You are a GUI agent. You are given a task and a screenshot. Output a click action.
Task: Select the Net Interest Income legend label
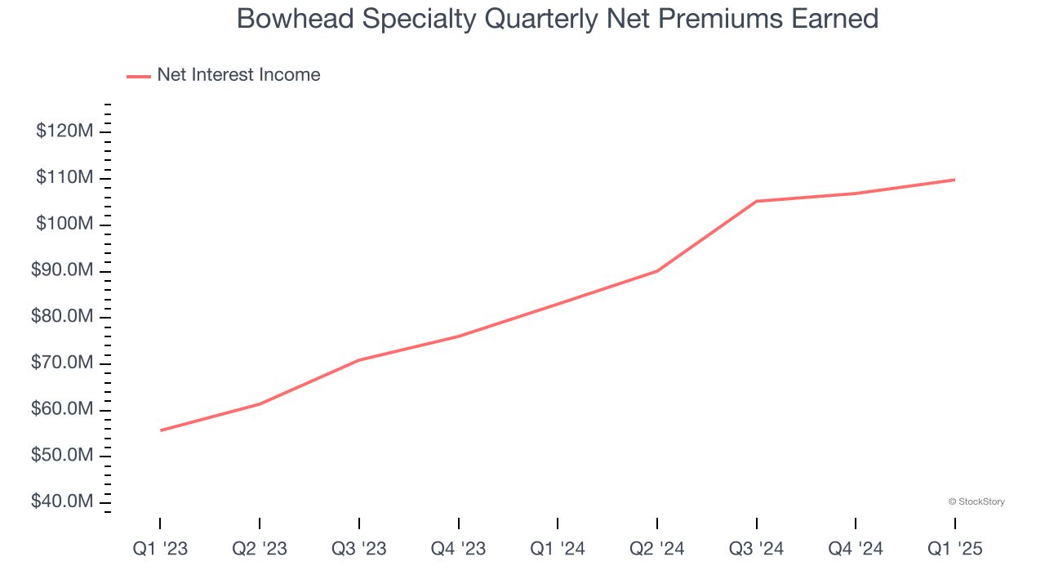pos(238,75)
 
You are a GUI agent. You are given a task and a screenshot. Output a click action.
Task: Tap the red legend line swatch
pos(139,76)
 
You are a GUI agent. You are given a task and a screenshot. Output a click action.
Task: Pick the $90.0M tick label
pos(62,270)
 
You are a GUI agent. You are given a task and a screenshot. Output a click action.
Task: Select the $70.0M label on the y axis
pos(62,363)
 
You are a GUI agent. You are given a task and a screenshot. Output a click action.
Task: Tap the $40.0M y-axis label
pos(62,501)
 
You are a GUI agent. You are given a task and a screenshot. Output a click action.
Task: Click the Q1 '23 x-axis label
pos(160,550)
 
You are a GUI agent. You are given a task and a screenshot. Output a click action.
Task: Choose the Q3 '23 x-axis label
pos(359,550)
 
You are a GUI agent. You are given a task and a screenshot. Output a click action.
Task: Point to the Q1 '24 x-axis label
pos(558,550)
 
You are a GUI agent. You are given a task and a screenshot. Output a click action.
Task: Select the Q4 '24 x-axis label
pos(856,550)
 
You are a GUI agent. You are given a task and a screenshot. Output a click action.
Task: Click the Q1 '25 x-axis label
pos(955,550)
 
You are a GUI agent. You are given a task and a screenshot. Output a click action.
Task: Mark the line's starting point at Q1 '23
pos(160,430)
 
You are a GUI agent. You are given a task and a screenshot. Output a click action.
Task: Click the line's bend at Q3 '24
pos(757,201)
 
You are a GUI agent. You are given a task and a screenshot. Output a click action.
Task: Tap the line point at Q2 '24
pos(657,271)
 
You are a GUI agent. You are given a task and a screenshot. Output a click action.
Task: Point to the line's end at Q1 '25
pos(955,180)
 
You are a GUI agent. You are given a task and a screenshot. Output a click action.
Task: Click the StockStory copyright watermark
pos(976,501)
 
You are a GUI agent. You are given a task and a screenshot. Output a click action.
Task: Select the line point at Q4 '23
pos(459,336)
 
